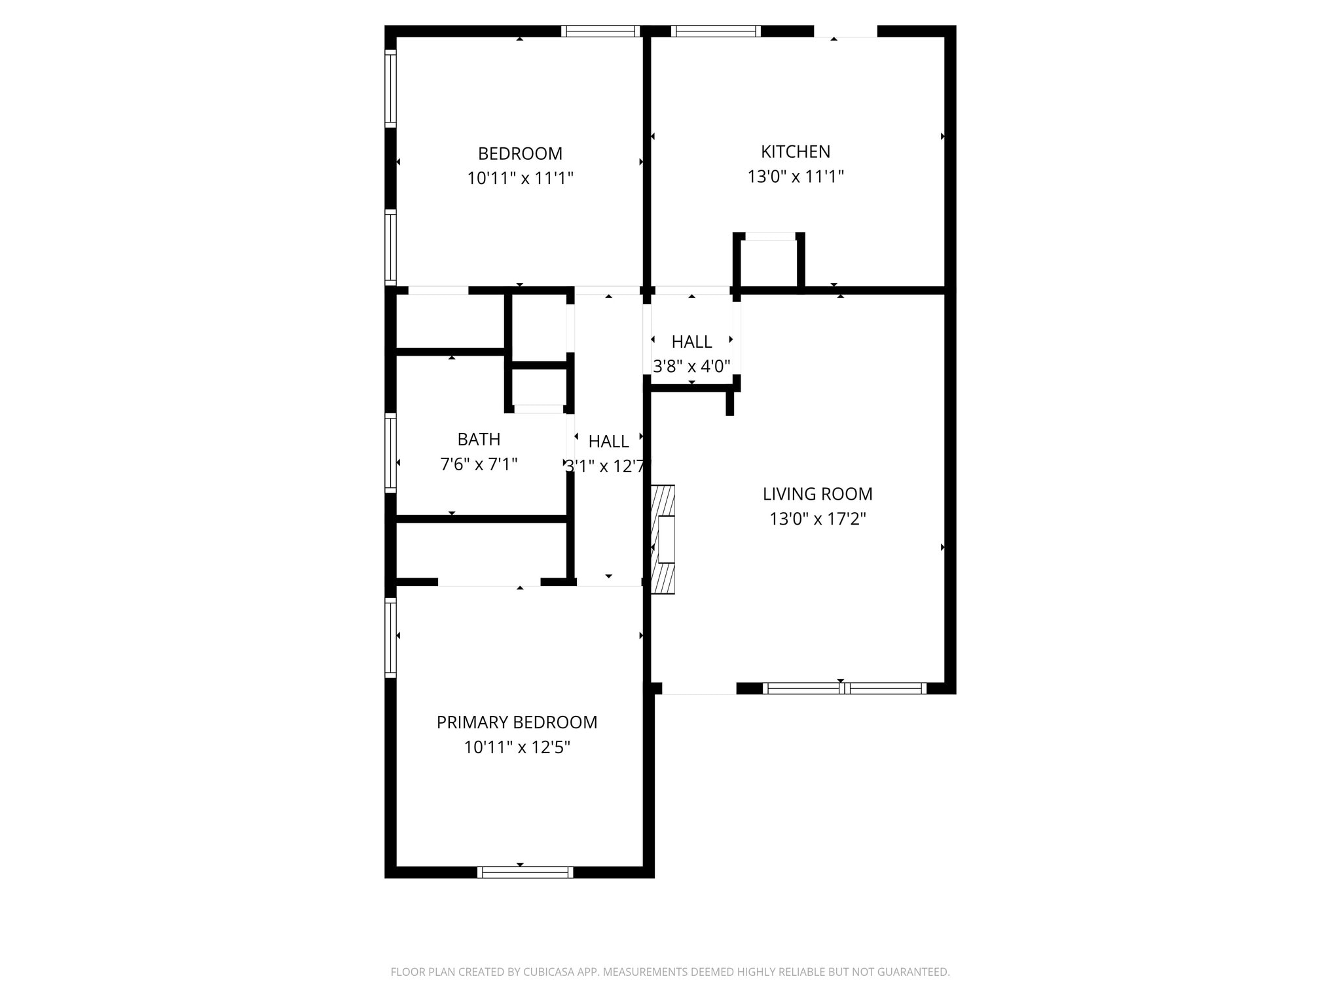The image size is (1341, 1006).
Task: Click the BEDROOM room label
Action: point(520,153)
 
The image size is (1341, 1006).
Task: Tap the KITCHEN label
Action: point(796,151)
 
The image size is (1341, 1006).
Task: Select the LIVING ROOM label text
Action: point(817,494)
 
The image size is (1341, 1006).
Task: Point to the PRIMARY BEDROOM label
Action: point(517,722)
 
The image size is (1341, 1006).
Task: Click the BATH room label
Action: point(479,439)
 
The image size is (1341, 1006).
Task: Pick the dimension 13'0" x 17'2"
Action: point(817,519)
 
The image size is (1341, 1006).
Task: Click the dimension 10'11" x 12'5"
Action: point(517,747)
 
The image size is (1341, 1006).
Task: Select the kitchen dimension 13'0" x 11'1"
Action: point(796,177)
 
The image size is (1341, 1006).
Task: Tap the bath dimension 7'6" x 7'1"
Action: point(479,464)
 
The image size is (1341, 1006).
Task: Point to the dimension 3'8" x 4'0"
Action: point(691,366)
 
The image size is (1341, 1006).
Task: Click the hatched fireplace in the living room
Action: point(663,539)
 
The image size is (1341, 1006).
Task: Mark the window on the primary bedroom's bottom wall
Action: point(525,872)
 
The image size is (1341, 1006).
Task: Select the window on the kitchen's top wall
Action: point(716,31)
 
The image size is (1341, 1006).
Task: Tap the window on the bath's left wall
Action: point(390,453)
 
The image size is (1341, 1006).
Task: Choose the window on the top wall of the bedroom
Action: point(600,31)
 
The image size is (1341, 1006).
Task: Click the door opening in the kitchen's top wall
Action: point(845,31)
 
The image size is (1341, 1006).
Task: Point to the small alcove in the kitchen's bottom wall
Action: point(769,262)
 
